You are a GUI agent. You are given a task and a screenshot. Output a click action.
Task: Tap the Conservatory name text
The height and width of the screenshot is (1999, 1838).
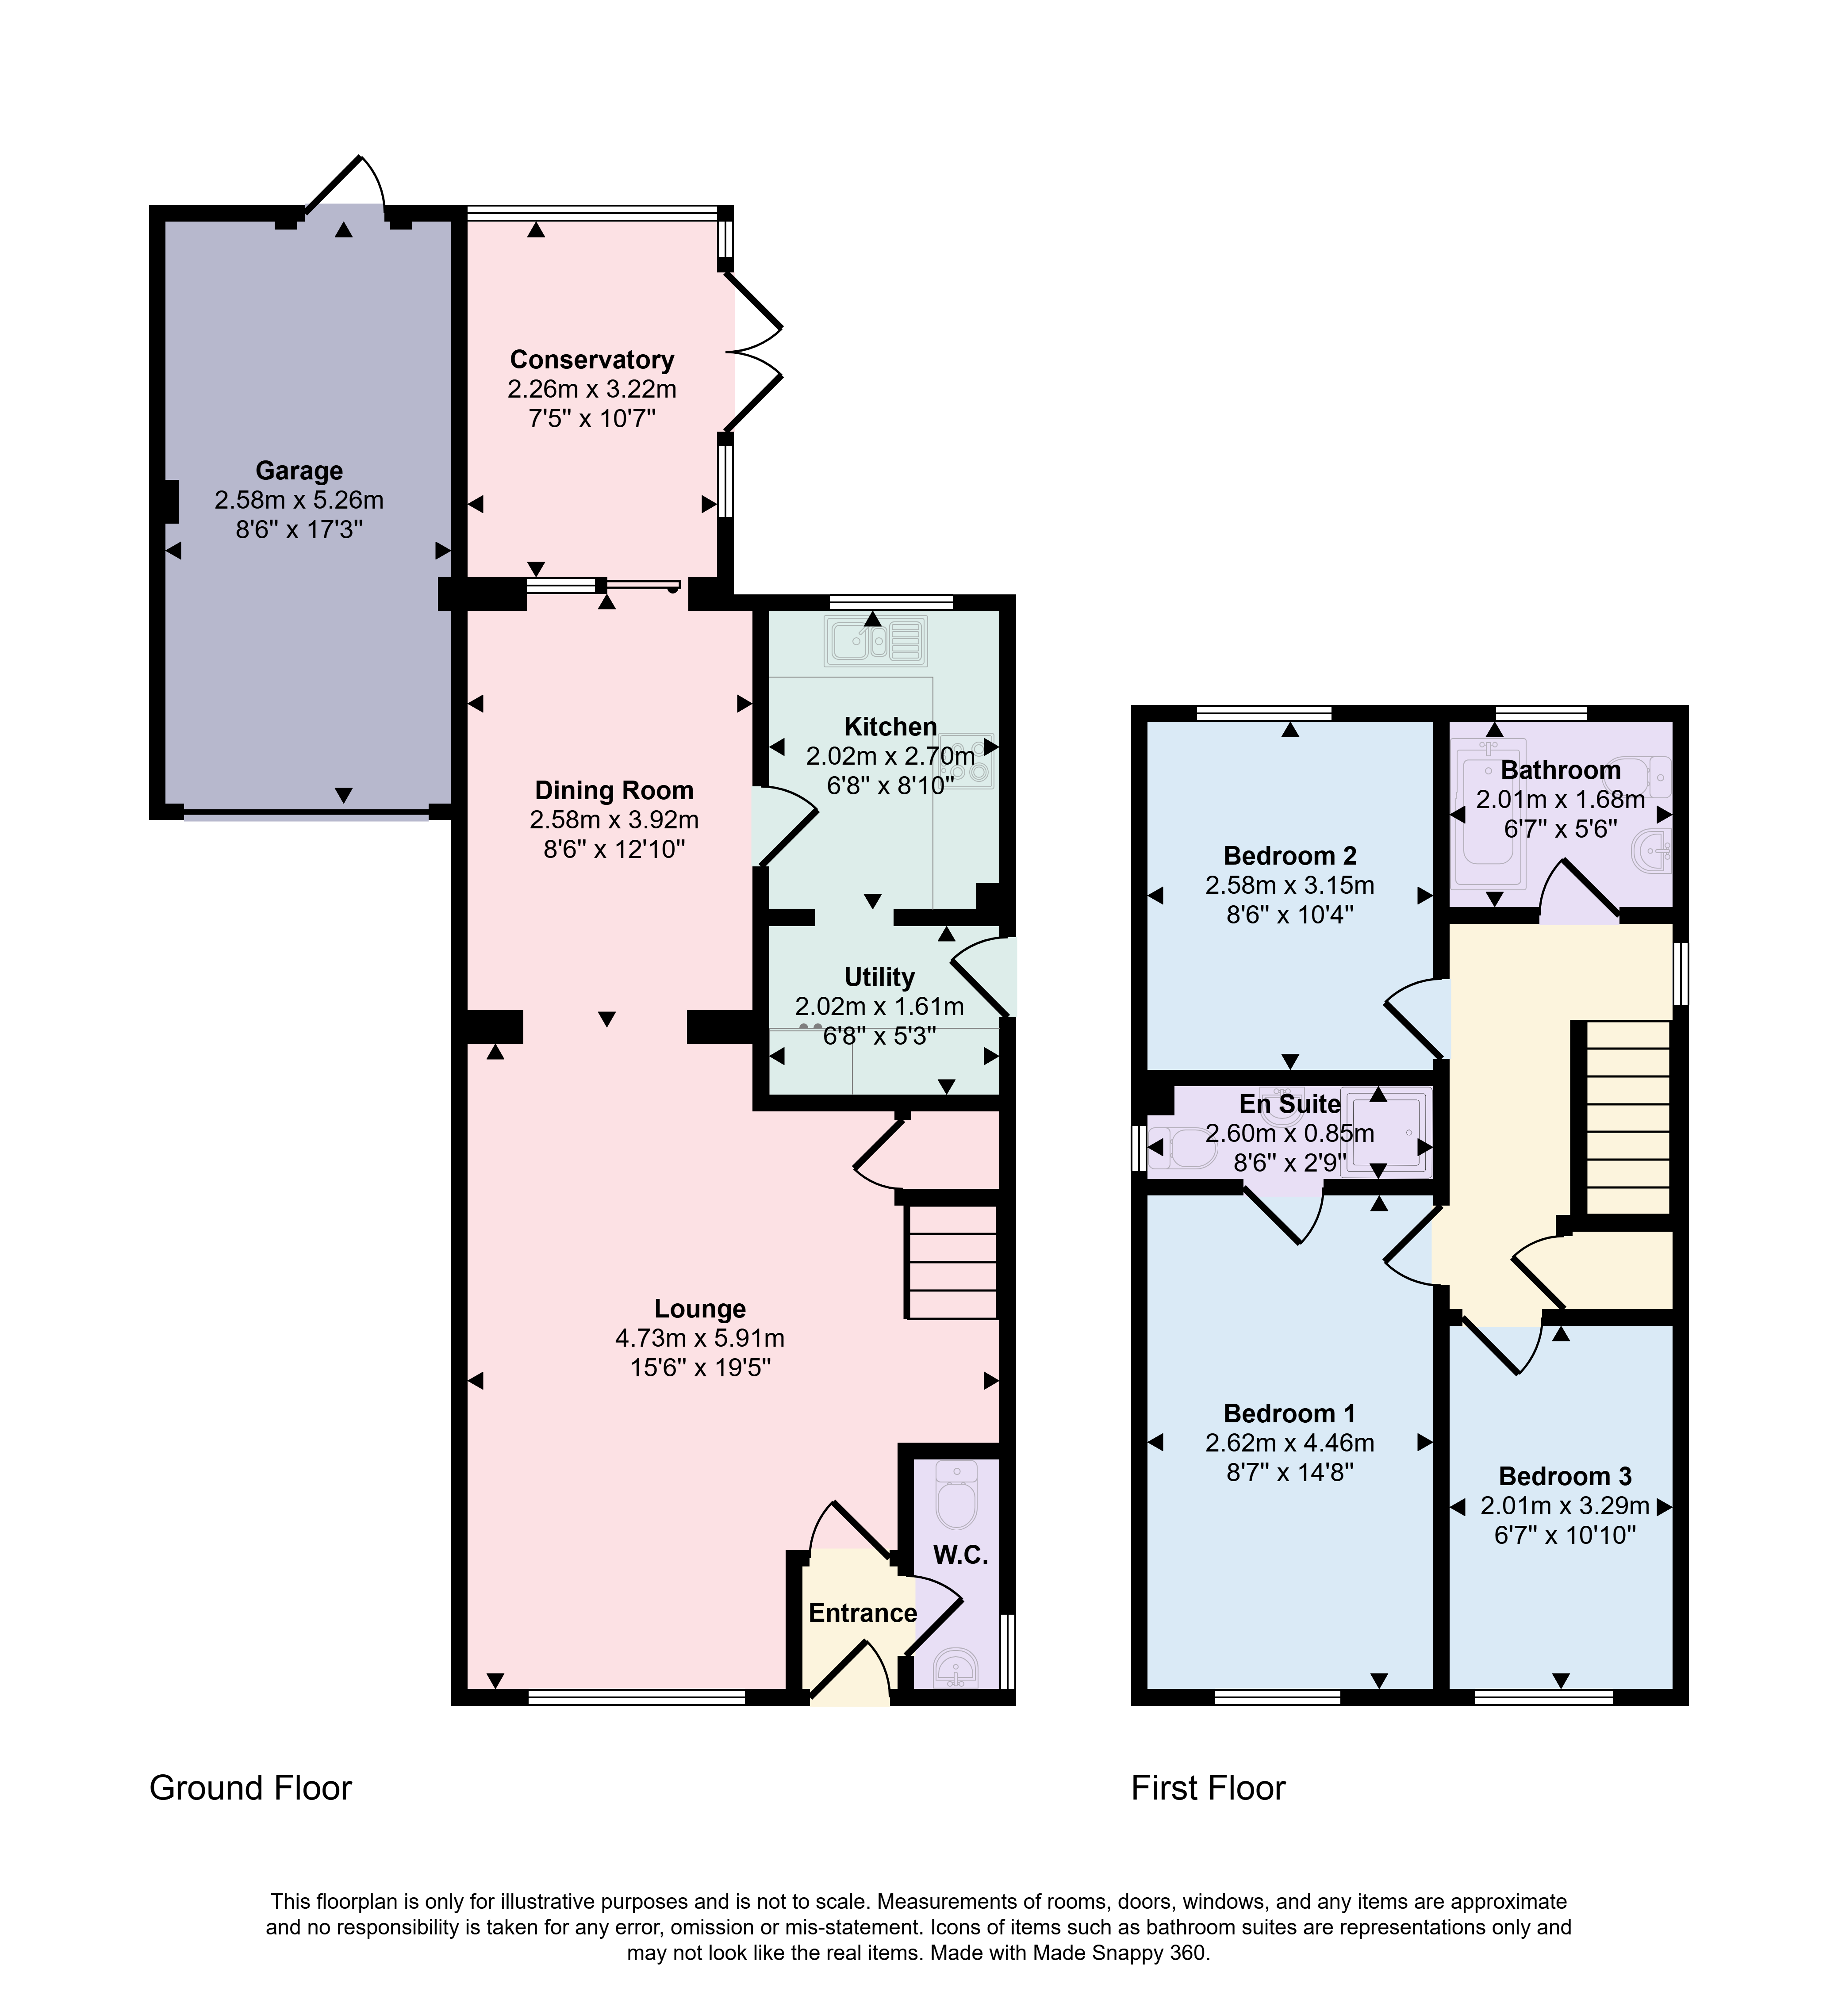click(x=592, y=360)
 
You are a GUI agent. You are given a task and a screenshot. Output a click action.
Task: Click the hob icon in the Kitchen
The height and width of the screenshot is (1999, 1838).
click(x=966, y=761)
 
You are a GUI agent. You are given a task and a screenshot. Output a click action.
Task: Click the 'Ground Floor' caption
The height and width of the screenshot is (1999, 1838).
click(x=251, y=1788)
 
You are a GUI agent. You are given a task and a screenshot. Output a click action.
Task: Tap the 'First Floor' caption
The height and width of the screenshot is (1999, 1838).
click(x=1209, y=1788)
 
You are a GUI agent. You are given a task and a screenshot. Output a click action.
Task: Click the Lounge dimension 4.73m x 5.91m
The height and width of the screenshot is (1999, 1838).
click(x=700, y=1339)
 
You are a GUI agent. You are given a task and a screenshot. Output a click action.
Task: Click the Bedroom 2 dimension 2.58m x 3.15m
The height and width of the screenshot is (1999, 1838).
click(x=1290, y=885)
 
